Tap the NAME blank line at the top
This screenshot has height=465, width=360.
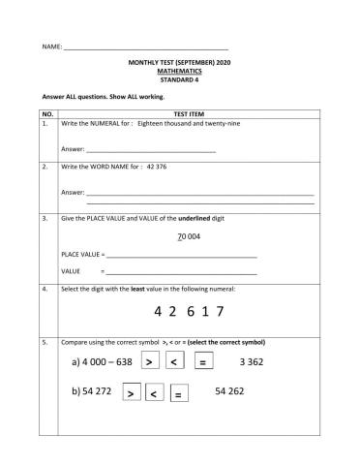click(145, 46)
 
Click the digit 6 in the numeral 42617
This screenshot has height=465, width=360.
click(192, 311)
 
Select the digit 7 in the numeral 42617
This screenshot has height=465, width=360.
click(221, 311)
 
